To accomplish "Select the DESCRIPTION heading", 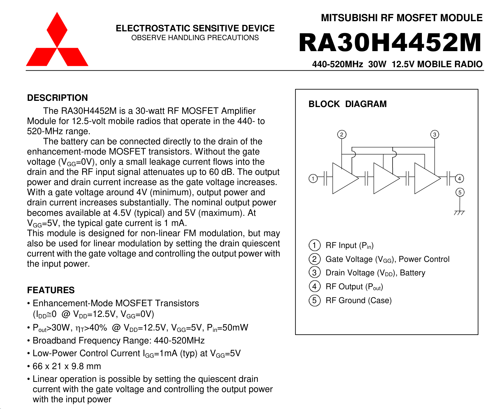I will pyautogui.click(x=57, y=98).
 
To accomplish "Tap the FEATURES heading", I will pyautogui.click(x=51, y=290).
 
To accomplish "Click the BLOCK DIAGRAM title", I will pyautogui.click(x=347, y=104).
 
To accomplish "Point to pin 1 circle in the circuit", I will pyautogui.click(x=313, y=179).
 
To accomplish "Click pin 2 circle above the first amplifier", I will pyautogui.click(x=342, y=134).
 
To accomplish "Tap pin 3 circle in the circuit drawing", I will pyautogui.click(x=435, y=134).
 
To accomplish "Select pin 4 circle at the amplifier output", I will pyautogui.click(x=459, y=179).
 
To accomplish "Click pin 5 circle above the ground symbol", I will pyautogui.click(x=460, y=193).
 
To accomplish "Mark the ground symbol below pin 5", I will pyautogui.click(x=459, y=212).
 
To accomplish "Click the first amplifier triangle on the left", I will pyautogui.click(x=343, y=179).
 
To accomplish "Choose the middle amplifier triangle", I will pyautogui.click(x=384, y=179).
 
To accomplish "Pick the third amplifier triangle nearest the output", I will pyautogui.click(x=425, y=179).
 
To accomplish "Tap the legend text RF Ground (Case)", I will pyautogui.click(x=358, y=300).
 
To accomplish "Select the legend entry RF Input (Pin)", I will pyautogui.click(x=349, y=245).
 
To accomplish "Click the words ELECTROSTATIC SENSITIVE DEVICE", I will pyautogui.click(x=195, y=28).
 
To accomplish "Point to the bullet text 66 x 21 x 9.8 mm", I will pyautogui.click(x=67, y=366).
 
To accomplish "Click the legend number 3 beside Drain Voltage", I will pyautogui.click(x=315, y=273).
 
